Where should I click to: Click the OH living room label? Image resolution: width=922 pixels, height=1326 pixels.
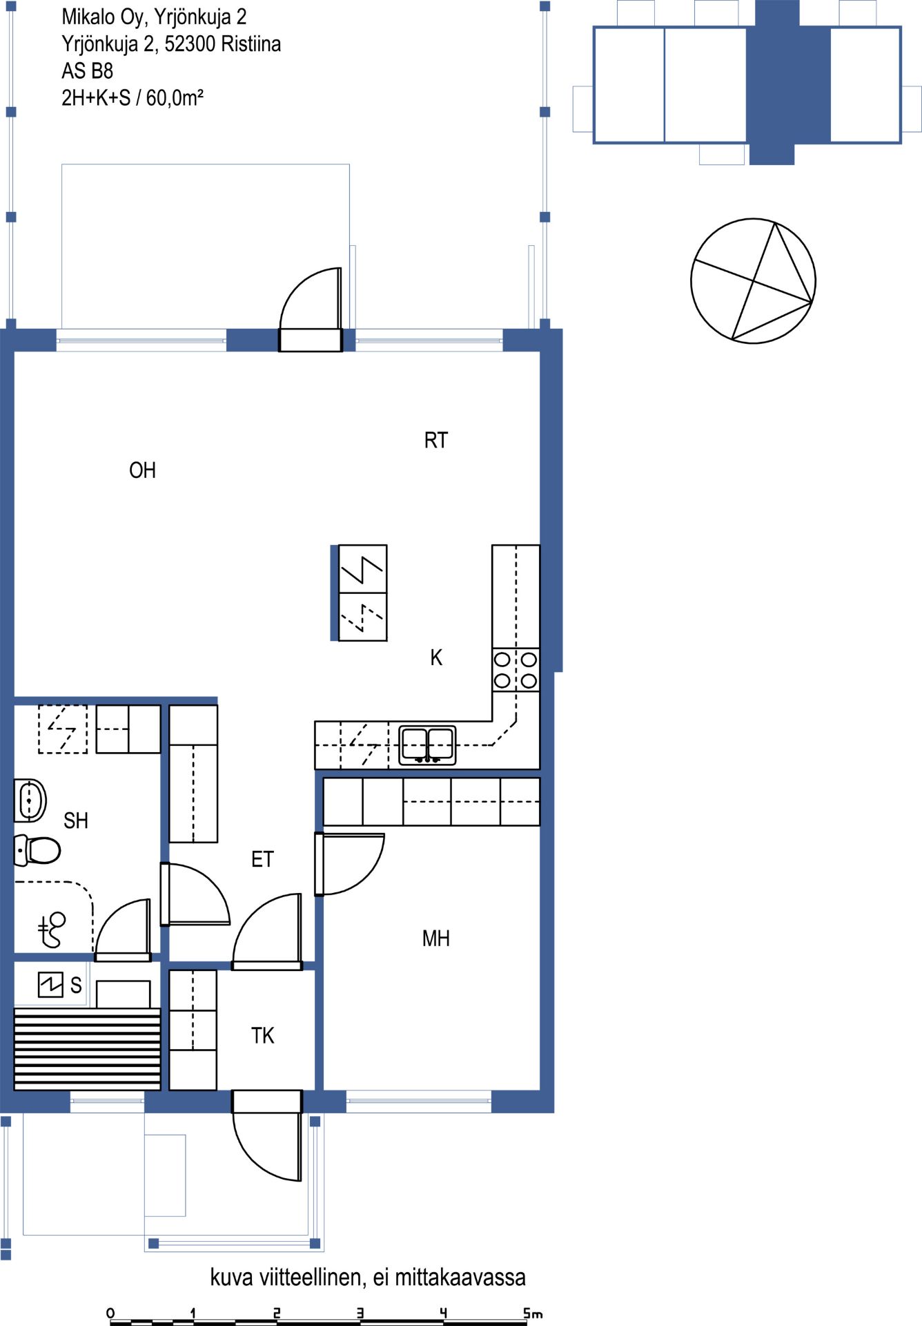click(x=142, y=470)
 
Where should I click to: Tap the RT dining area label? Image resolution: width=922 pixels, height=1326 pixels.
click(x=435, y=440)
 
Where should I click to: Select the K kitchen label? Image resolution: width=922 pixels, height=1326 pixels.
click(x=436, y=657)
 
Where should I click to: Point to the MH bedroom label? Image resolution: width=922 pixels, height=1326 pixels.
click(x=435, y=938)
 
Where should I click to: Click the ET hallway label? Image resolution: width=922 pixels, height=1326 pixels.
click(x=262, y=859)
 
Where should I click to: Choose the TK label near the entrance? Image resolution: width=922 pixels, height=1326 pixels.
click(x=262, y=1035)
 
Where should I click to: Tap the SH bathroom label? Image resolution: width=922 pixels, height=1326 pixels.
click(x=76, y=820)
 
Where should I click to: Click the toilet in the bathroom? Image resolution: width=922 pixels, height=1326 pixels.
click(x=37, y=850)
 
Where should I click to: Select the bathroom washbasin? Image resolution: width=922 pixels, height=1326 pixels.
click(x=30, y=800)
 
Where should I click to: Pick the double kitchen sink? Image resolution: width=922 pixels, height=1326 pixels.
click(x=428, y=745)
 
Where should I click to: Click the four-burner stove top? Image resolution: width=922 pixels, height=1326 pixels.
click(x=516, y=670)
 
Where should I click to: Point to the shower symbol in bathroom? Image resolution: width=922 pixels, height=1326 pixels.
click(x=52, y=930)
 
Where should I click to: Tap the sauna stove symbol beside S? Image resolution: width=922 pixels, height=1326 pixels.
click(x=50, y=985)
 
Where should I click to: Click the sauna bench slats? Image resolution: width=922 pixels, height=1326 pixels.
click(x=88, y=1049)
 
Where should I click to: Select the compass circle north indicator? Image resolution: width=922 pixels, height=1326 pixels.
click(x=754, y=281)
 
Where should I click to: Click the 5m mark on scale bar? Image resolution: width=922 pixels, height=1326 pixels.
click(x=531, y=1313)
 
